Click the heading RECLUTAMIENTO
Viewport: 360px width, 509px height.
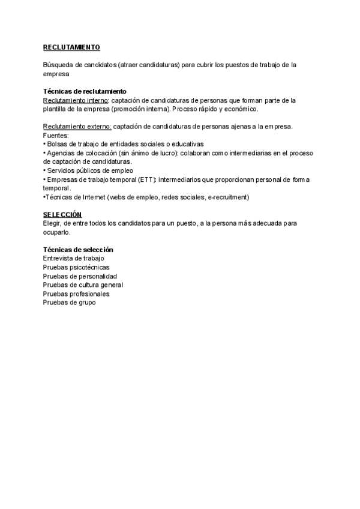click(71, 47)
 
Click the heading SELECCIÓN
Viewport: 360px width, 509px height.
click(62, 214)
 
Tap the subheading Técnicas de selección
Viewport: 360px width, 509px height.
click(78, 250)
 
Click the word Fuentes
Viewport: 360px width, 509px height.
click(56, 136)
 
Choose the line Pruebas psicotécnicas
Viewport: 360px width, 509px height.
click(76, 267)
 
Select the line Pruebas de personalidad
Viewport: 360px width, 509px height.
click(80, 276)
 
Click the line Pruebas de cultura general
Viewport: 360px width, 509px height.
click(83, 285)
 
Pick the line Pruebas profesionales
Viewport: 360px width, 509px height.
click(76, 294)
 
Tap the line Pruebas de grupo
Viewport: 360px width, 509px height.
click(69, 303)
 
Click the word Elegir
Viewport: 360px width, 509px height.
click(53, 223)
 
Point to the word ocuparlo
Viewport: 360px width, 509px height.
click(56, 232)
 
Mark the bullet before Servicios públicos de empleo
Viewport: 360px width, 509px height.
click(44, 170)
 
